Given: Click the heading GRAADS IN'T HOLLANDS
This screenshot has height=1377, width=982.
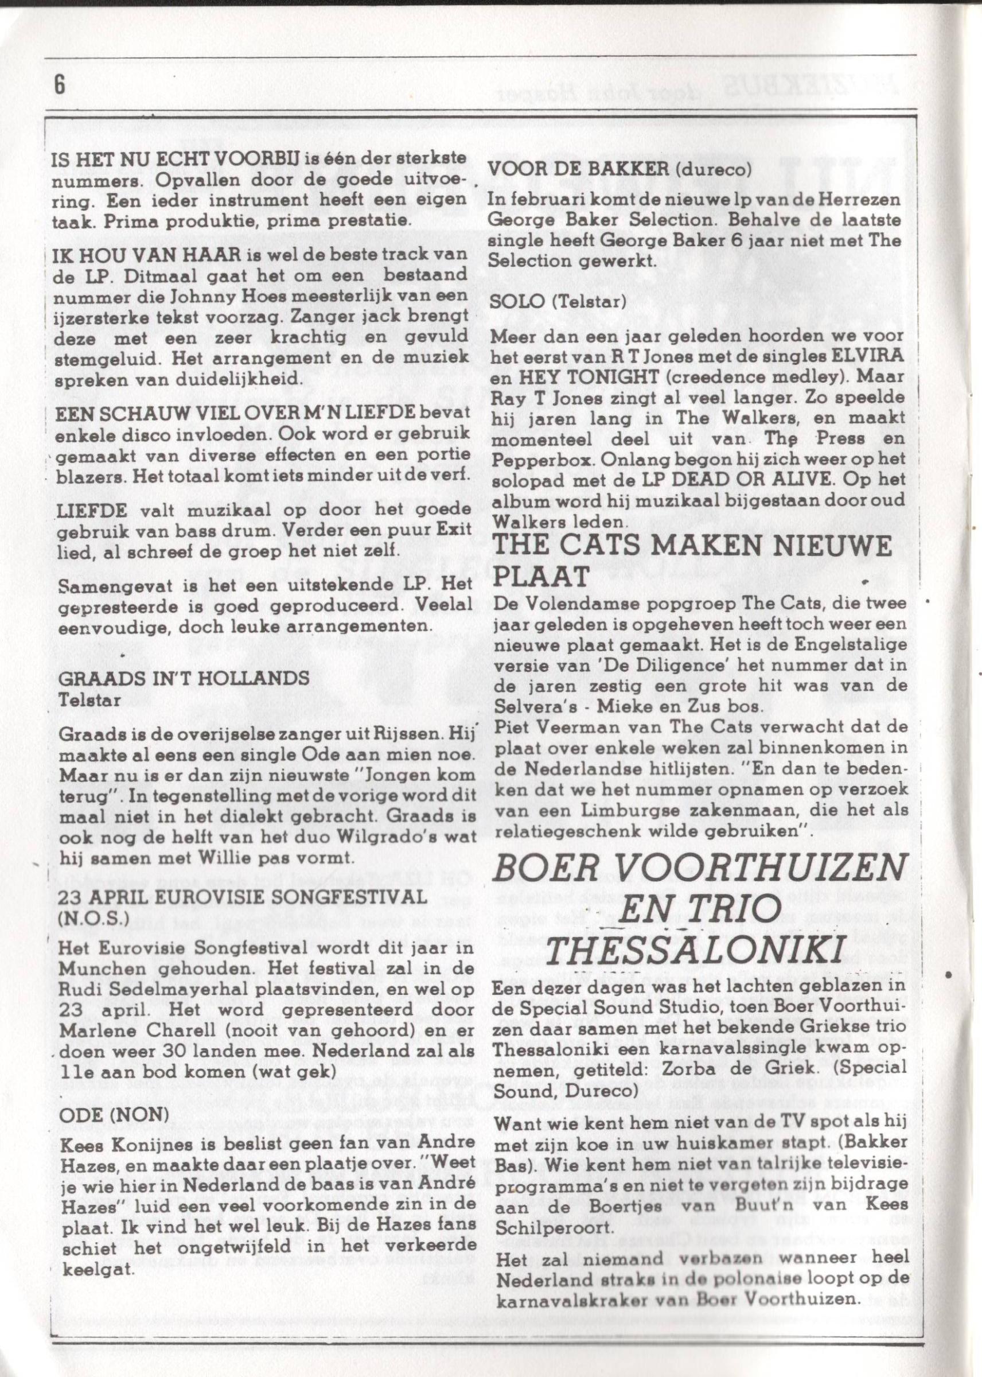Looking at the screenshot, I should tap(182, 679).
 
